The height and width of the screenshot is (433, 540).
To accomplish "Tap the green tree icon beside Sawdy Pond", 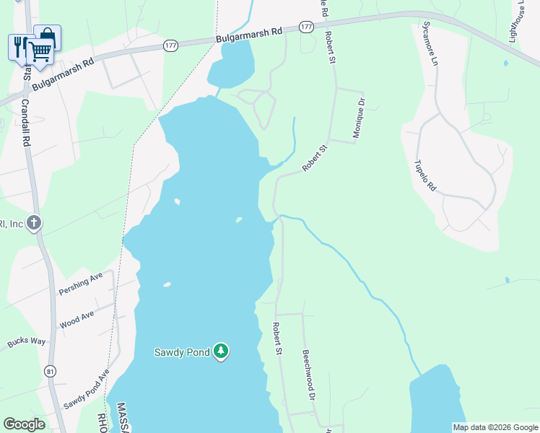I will (220, 351).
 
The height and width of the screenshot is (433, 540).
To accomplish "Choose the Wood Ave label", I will (77, 320).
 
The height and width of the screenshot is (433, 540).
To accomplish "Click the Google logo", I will (24, 424).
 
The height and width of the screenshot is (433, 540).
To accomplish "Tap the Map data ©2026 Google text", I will (495, 427).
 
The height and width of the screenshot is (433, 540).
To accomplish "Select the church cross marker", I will (33, 223).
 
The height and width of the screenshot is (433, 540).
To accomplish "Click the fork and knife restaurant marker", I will (19, 45).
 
